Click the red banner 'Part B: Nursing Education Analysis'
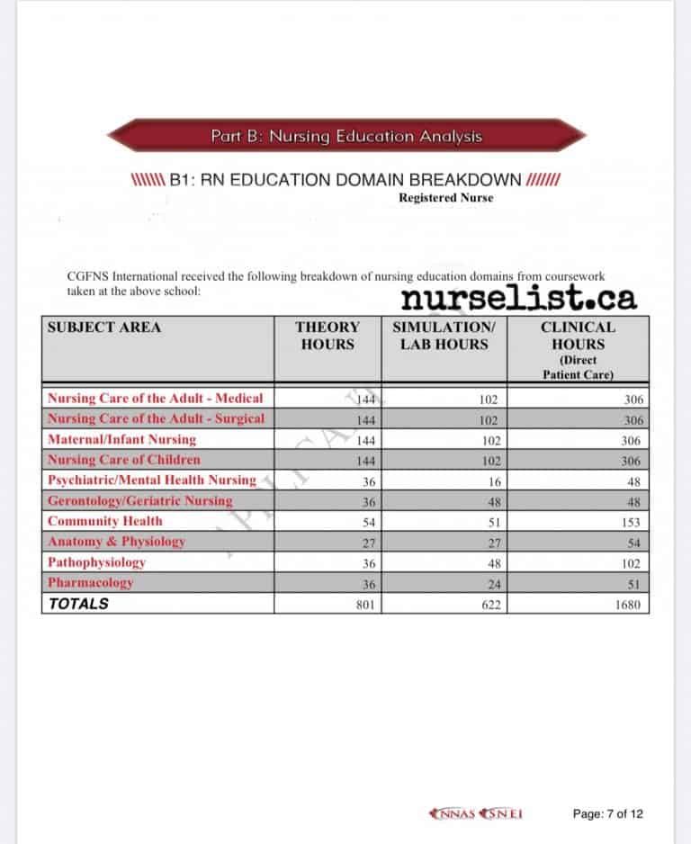346,137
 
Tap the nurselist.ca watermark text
518,297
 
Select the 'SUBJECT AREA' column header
104,328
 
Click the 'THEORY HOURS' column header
328,336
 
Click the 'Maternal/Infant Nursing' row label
121,439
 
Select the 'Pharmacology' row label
90,582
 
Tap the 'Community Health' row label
105,521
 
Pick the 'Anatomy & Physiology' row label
116,542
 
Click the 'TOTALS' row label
78,604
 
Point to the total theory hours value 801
364,605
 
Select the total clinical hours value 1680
628,605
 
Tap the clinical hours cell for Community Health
631,522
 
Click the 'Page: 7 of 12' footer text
608,814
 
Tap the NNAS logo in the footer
453,814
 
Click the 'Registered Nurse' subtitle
445,198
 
